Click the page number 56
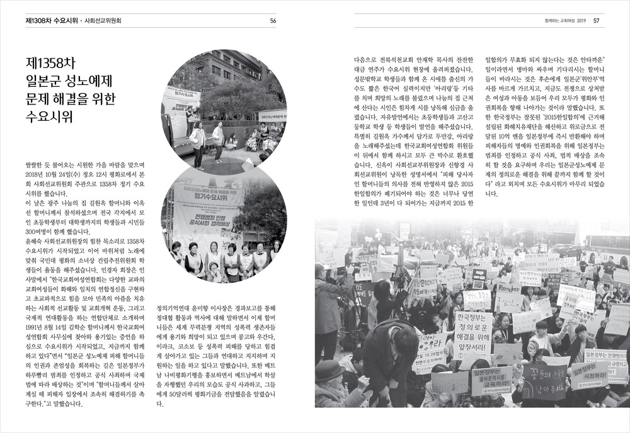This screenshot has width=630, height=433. click(x=273, y=20)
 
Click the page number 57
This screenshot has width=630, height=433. click(x=596, y=20)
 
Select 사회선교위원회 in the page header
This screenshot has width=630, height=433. click(x=103, y=20)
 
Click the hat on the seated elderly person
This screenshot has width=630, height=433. click(x=329, y=371)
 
